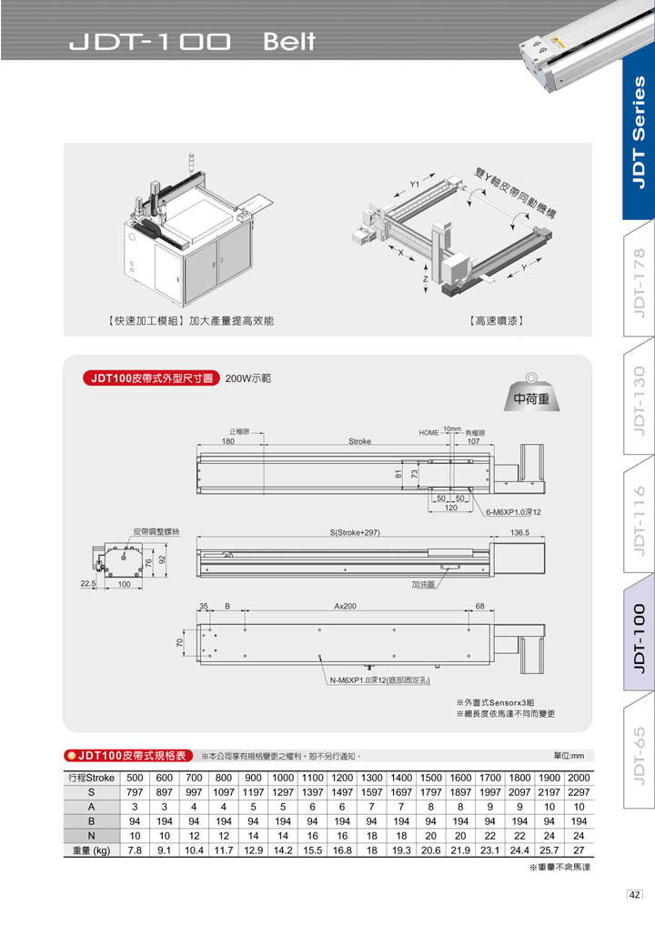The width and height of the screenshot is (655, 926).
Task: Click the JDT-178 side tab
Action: click(640, 283)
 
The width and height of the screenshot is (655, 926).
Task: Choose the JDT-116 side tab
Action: click(640, 518)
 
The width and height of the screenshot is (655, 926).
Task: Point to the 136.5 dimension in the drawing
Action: click(520, 532)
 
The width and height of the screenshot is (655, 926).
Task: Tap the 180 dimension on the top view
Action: click(227, 441)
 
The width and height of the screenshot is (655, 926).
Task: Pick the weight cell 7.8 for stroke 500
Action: click(134, 850)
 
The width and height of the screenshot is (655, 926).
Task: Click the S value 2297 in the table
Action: click(578, 793)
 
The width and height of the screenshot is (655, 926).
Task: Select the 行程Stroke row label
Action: click(91, 778)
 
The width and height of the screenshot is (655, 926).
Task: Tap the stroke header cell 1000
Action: click(283, 778)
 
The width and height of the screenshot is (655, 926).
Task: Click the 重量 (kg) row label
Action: click(91, 850)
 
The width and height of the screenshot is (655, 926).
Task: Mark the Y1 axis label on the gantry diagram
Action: click(414, 184)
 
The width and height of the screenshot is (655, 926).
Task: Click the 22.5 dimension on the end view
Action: click(88, 584)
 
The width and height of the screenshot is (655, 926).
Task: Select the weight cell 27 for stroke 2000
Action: click(578, 850)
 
